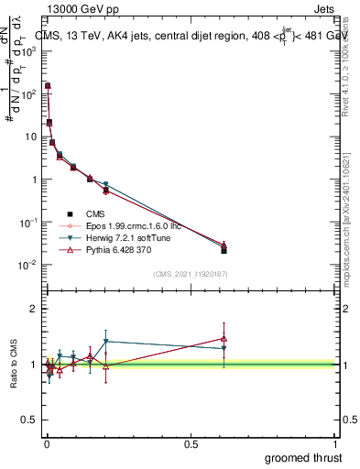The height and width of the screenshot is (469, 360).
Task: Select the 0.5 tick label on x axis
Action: point(191,442)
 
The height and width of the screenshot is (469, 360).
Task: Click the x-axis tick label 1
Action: point(336,442)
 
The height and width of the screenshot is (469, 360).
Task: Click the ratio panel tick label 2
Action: point(33,309)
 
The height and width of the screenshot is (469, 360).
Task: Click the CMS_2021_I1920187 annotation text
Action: point(190,274)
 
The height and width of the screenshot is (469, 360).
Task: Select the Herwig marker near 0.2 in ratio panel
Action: point(106,342)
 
